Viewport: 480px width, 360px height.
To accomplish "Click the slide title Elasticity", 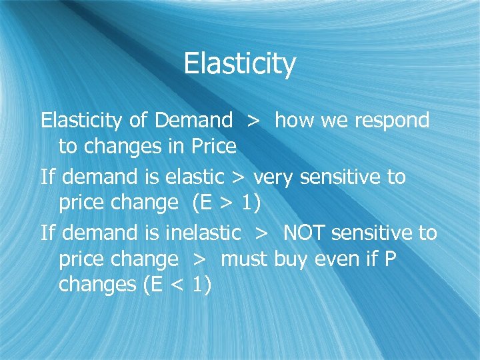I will click(239, 65).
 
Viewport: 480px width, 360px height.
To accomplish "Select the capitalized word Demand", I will click(193, 121).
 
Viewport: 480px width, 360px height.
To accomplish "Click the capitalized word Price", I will click(213, 146).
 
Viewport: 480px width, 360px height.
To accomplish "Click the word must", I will click(244, 259).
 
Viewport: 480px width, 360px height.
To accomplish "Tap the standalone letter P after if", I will click(390, 259).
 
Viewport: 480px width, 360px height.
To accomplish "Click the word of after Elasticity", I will click(139, 121).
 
